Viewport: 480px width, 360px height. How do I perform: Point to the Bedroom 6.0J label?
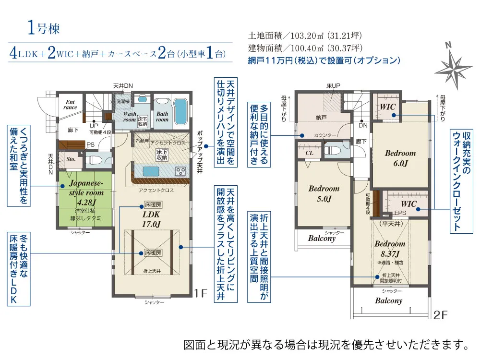coord(400,158)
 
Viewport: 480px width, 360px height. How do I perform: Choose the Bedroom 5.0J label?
coord(324,193)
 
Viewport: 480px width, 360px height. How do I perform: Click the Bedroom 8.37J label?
coord(390,248)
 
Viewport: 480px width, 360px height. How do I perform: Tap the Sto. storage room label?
coord(70,160)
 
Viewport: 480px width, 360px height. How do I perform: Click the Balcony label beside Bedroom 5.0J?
coord(321,239)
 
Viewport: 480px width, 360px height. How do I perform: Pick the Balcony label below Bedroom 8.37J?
coord(388,301)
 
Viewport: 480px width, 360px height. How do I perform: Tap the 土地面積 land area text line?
coord(305,36)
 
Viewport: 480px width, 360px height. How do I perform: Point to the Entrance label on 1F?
coord(70,104)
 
